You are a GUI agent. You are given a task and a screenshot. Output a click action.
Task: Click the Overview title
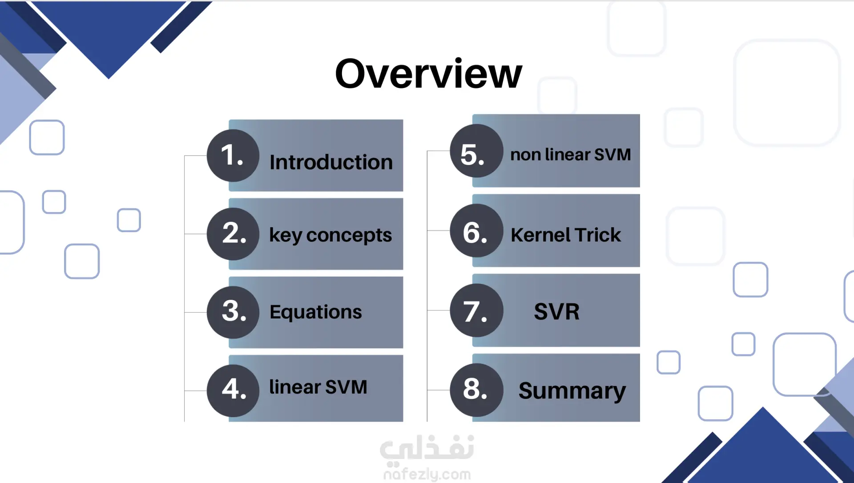[x=428, y=74]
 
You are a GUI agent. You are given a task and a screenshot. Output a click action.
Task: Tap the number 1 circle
[x=233, y=155]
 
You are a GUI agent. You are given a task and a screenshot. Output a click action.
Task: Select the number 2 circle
[x=233, y=234]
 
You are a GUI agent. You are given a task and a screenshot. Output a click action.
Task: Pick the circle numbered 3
[x=233, y=312]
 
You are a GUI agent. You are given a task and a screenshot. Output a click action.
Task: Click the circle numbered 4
[x=233, y=390]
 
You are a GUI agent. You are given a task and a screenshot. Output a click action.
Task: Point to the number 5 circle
[x=476, y=151]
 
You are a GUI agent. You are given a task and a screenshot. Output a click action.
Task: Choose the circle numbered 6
[x=476, y=230]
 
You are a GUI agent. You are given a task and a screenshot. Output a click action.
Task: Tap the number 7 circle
[x=476, y=310]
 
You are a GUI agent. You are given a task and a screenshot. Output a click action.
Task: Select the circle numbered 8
[x=476, y=390]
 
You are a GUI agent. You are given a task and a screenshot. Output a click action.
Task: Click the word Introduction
[x=331, y=162]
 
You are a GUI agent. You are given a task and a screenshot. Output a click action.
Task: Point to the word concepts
[x=349, y=236]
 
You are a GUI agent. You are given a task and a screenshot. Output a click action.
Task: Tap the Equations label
[x=316, y=312]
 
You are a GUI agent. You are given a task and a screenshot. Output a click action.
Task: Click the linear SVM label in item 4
[x=318, y=387]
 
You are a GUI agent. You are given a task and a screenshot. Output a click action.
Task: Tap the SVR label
[x=557, y=311]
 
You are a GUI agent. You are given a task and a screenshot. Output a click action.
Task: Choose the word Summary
[x=572, y=391]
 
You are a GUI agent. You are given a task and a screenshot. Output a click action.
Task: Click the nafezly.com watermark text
[x=427, y=475]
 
